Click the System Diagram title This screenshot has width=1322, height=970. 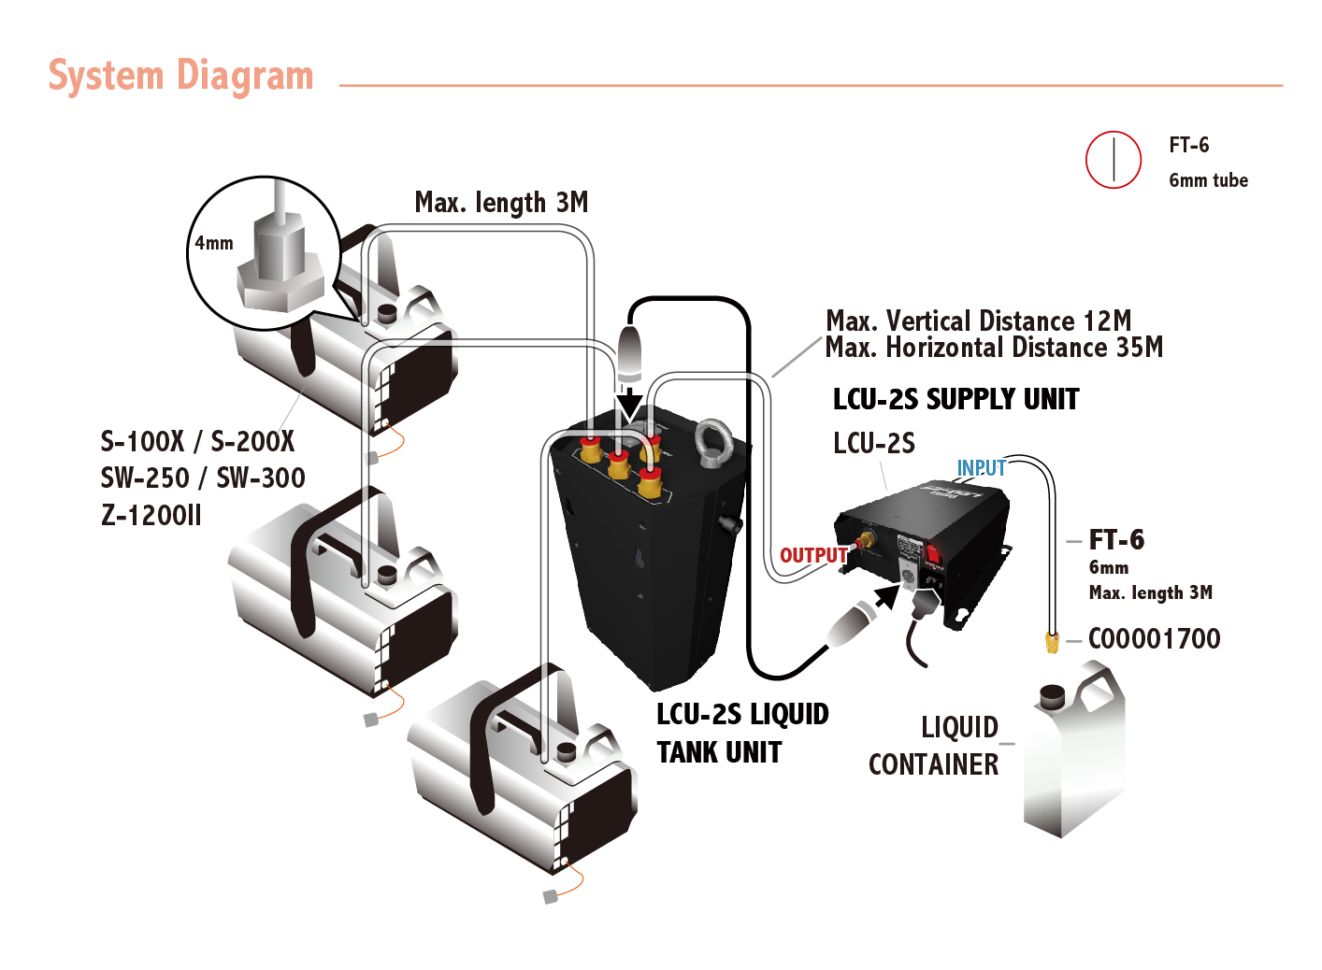coord(180,76)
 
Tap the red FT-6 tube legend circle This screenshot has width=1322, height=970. coord(1113,160)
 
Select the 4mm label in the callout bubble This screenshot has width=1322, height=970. coord(214,243)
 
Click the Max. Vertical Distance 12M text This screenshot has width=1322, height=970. coord(978,321)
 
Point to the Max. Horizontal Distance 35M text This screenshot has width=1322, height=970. coord(994,348)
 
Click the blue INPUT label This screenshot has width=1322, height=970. coord(981,467)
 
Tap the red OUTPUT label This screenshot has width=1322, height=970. coord(813,555)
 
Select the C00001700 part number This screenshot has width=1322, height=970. coord(1154,638)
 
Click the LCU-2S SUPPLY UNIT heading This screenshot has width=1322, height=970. coord(956,399)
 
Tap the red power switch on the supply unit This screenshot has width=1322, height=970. coord(933,554)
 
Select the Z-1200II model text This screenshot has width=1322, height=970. coord(151,515)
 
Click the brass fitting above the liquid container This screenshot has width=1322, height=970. coord(1052,642)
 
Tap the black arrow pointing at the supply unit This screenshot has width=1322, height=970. coord(884,596)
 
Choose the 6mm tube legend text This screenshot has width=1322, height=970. coord(1208,180)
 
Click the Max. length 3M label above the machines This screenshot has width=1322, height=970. coord(501,202)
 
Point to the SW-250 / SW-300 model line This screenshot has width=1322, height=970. coord(203,478)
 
